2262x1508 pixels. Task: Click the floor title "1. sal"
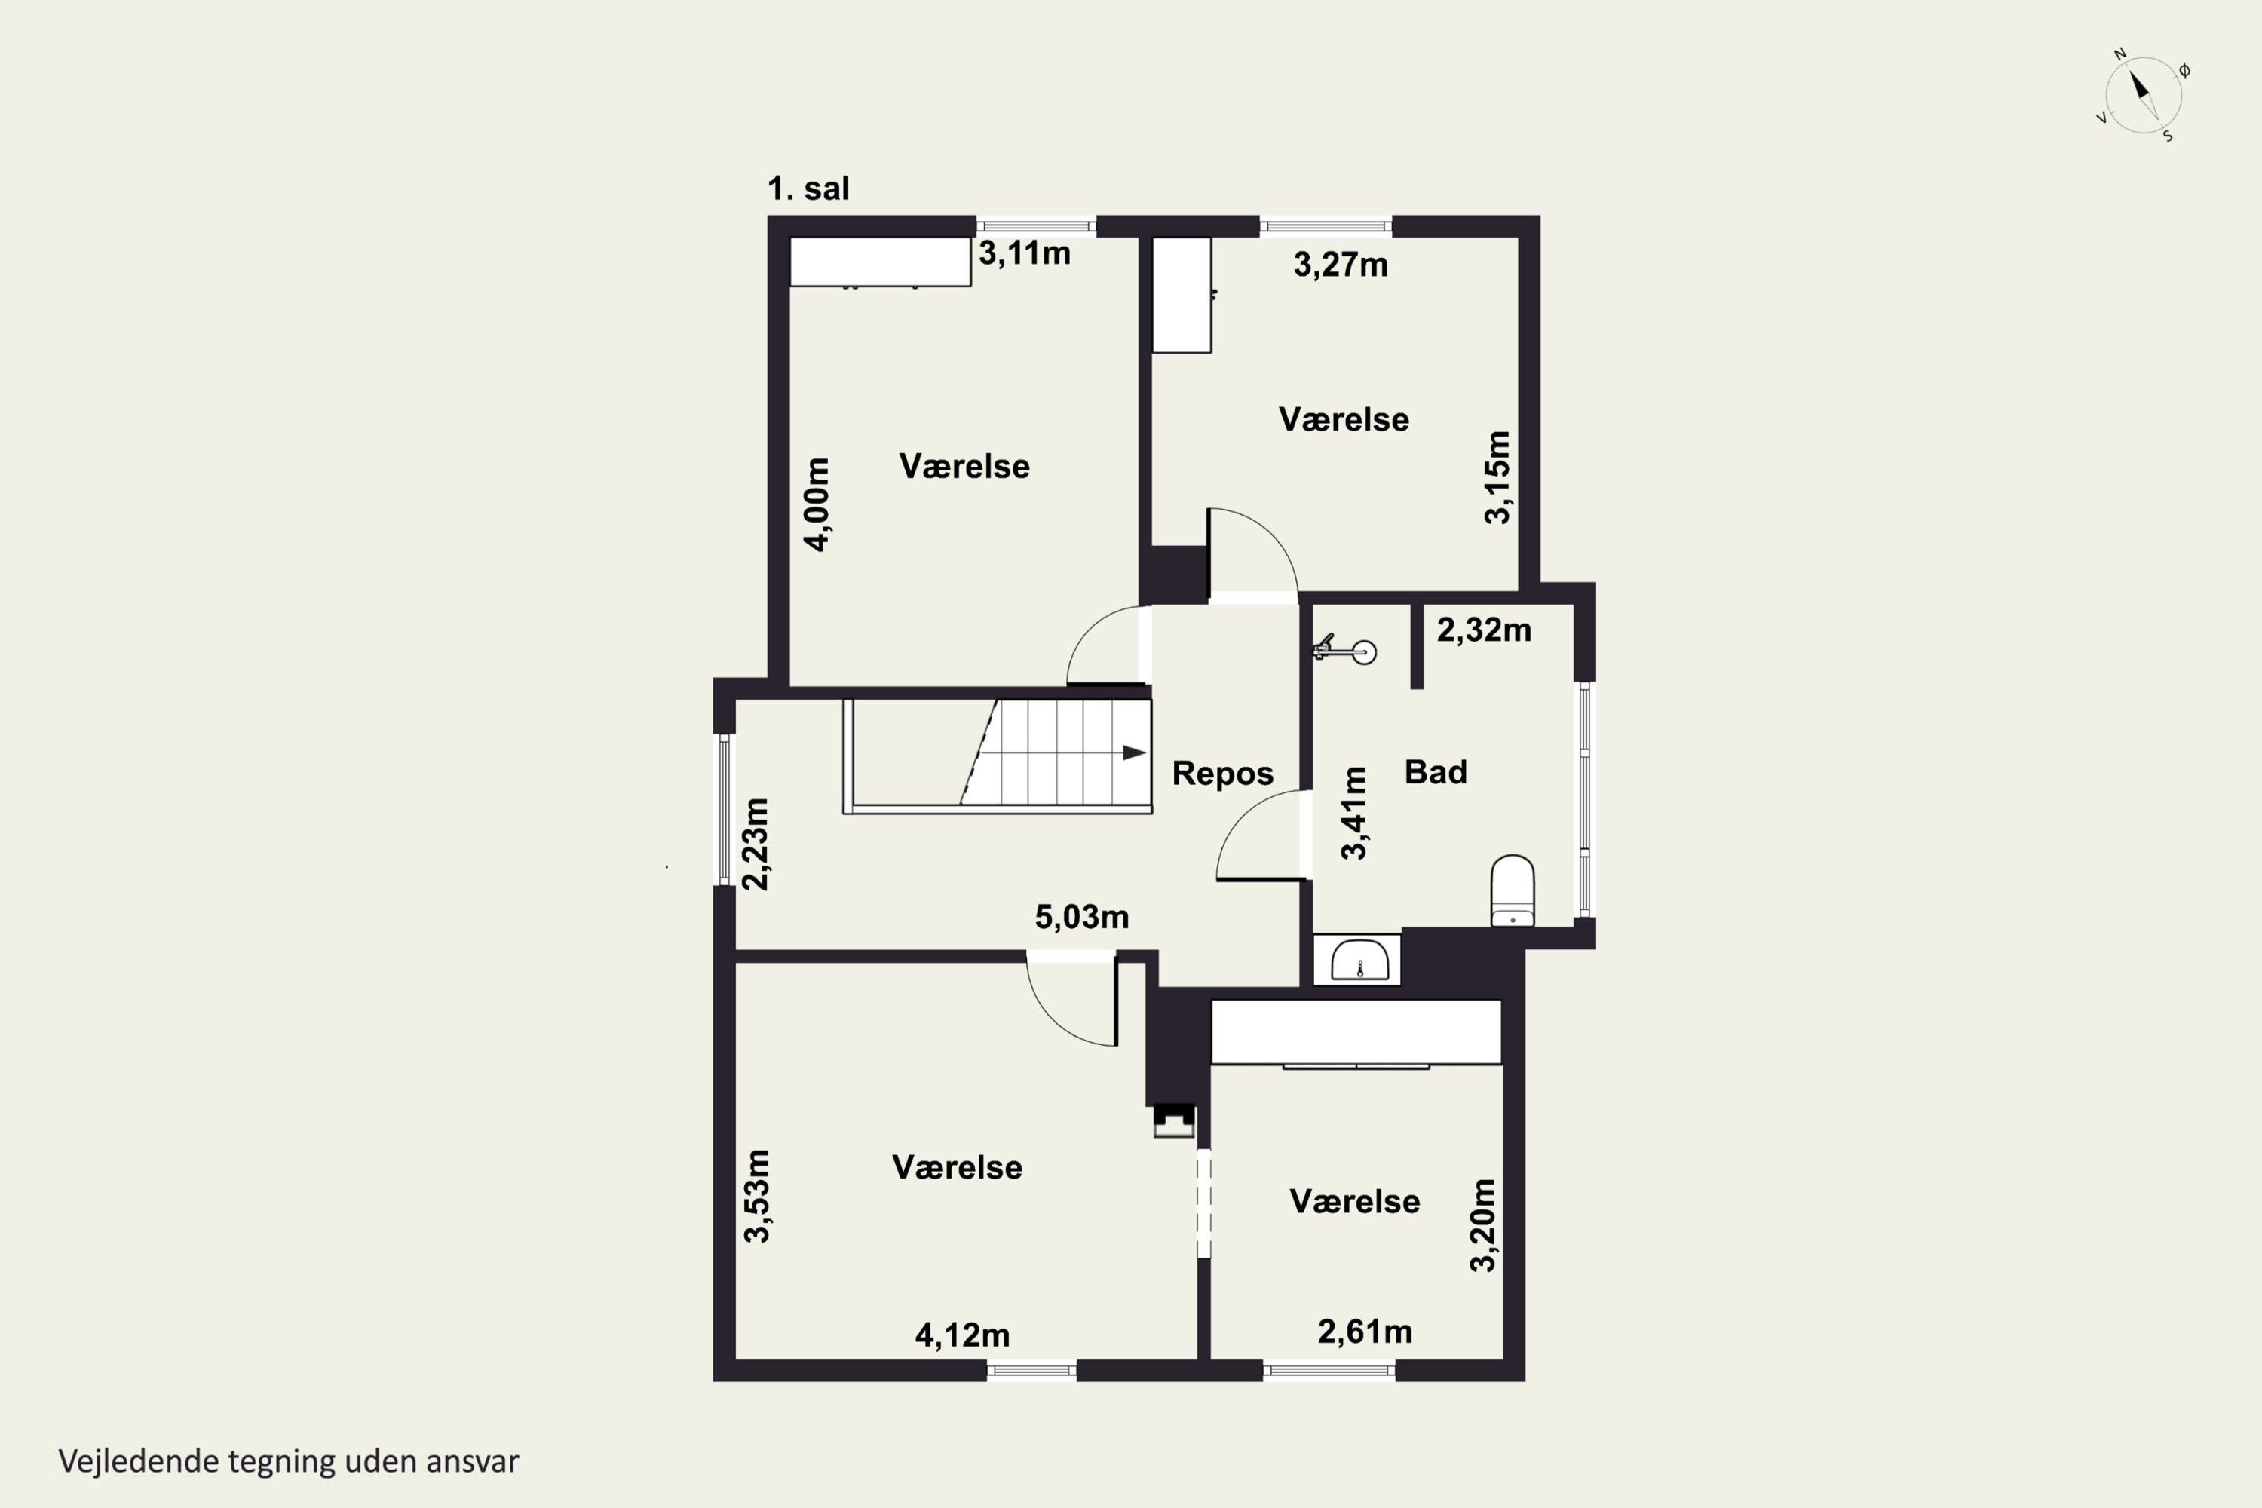point(808,188)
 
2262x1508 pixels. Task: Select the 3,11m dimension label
point(1024,253)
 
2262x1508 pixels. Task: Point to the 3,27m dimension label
point(1341,265)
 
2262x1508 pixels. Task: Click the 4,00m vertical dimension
point(817,504)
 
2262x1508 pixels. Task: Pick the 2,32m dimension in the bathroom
point(1484,630)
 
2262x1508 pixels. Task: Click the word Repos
point(1222,774)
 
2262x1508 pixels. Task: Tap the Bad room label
point(1436,771)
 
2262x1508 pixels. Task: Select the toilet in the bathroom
point(1512,890)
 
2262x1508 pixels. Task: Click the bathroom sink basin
point(1360,961)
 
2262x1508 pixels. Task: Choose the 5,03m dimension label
point(1082,917)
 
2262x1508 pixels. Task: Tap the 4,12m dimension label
point(963,1335)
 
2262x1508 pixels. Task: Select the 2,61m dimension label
point(1365,1332)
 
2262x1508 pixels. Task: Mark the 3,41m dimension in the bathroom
point(1354,813)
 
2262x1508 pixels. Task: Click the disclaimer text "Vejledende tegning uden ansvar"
point(289,1461)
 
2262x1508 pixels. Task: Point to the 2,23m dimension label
point(757,844)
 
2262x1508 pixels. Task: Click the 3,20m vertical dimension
point(1484,1225)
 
